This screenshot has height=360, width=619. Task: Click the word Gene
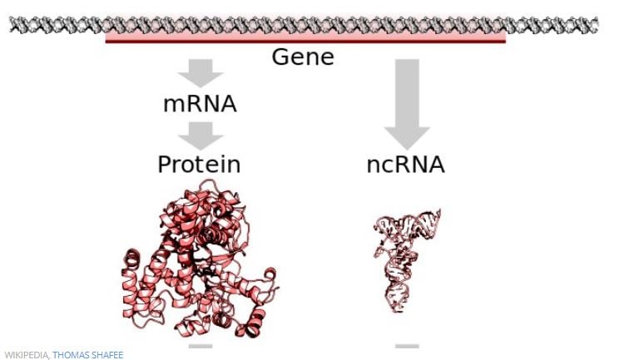point(303,57)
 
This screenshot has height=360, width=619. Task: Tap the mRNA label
point(200,104)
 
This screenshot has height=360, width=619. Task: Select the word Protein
point(199,165)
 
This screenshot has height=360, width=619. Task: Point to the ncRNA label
point(405,165)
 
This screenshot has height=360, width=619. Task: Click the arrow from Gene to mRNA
point(201,73)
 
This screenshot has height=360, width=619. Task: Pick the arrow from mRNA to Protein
point(201,136)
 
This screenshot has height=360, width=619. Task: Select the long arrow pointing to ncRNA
point(407,105)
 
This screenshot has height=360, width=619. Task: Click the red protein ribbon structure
point(201,259)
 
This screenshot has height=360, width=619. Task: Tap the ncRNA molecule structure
point(407,260)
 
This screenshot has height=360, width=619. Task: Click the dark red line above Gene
point(305,41)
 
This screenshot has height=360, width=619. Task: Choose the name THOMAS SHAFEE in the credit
point(88,355)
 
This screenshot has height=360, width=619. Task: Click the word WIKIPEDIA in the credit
point(26,355)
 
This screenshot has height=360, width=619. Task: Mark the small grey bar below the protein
point(201,346)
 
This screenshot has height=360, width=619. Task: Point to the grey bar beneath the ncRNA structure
point(407,346)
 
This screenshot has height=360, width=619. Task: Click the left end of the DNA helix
point(11,25)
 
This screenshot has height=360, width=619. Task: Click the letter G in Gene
point(280,57)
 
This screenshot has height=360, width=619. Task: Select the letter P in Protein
point(164,165)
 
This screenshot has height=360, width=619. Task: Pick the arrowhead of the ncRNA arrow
point(407,138)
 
